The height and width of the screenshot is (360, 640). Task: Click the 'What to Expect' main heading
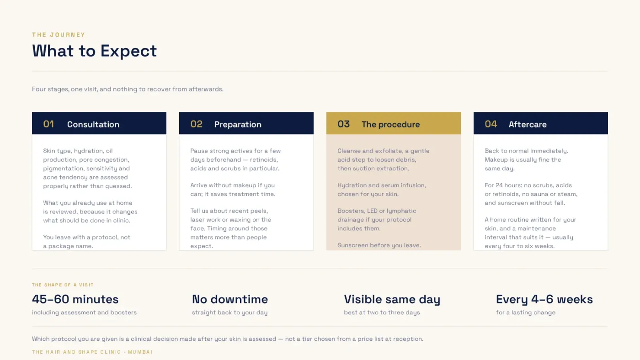(x=94, y=51)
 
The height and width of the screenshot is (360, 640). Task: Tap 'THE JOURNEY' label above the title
(x=59, y=35)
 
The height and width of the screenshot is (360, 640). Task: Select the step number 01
(x=48, y=124)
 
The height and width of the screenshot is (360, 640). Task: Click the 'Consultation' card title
(x=93, y=124)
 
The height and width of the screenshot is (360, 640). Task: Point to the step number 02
(x=196, y=124)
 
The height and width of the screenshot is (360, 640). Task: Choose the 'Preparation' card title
(x=238, y=124)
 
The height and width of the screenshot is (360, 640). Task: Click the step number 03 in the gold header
(x=343, y=124)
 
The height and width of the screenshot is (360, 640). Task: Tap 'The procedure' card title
(x=390, y=124)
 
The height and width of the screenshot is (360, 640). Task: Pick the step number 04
(x=491, y=124)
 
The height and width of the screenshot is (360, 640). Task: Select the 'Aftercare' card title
(x=528, y=124)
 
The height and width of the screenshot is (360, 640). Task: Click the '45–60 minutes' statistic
(x=75, y=299)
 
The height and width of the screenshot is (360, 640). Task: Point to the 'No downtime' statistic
(x=230, y=299)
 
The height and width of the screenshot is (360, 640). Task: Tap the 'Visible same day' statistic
(x=392, y=300)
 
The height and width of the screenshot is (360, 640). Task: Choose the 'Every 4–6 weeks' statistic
(x=544, y=300)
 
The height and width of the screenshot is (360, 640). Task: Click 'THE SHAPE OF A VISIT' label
(x=63, y=285)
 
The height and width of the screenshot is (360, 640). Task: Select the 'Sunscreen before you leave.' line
(x=379, y=245)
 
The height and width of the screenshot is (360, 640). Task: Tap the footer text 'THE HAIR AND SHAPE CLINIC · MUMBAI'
(x=92, y=352)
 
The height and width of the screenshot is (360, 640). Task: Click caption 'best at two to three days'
(x=382, y=312)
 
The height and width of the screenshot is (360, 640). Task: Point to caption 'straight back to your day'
(x=229, y=312)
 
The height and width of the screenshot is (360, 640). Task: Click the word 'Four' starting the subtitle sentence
(x=39, y=89)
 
